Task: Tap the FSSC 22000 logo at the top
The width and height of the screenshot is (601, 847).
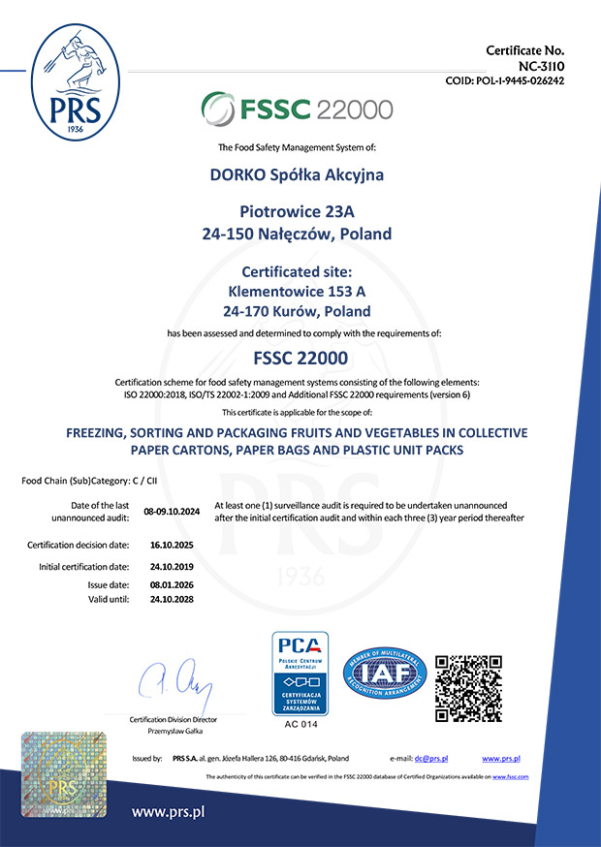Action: (297, 107)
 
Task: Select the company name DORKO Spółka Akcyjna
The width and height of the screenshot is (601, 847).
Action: (297, 175)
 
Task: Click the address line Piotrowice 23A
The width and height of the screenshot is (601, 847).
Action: (297, 211)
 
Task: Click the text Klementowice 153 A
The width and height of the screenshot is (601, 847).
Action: (298, 290)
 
